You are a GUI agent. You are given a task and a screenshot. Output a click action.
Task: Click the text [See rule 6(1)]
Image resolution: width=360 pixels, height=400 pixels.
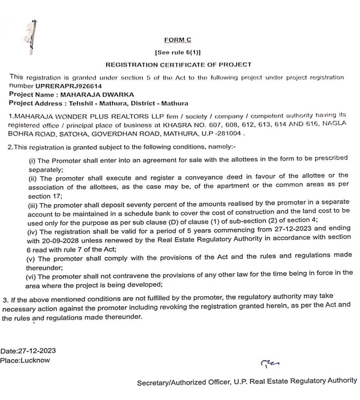(x=178, y=52)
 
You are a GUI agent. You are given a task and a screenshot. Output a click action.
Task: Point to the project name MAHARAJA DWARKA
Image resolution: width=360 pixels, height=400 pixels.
(x=100, y=94)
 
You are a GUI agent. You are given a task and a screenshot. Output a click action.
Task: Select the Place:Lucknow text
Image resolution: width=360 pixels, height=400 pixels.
(x=25, y=360)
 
